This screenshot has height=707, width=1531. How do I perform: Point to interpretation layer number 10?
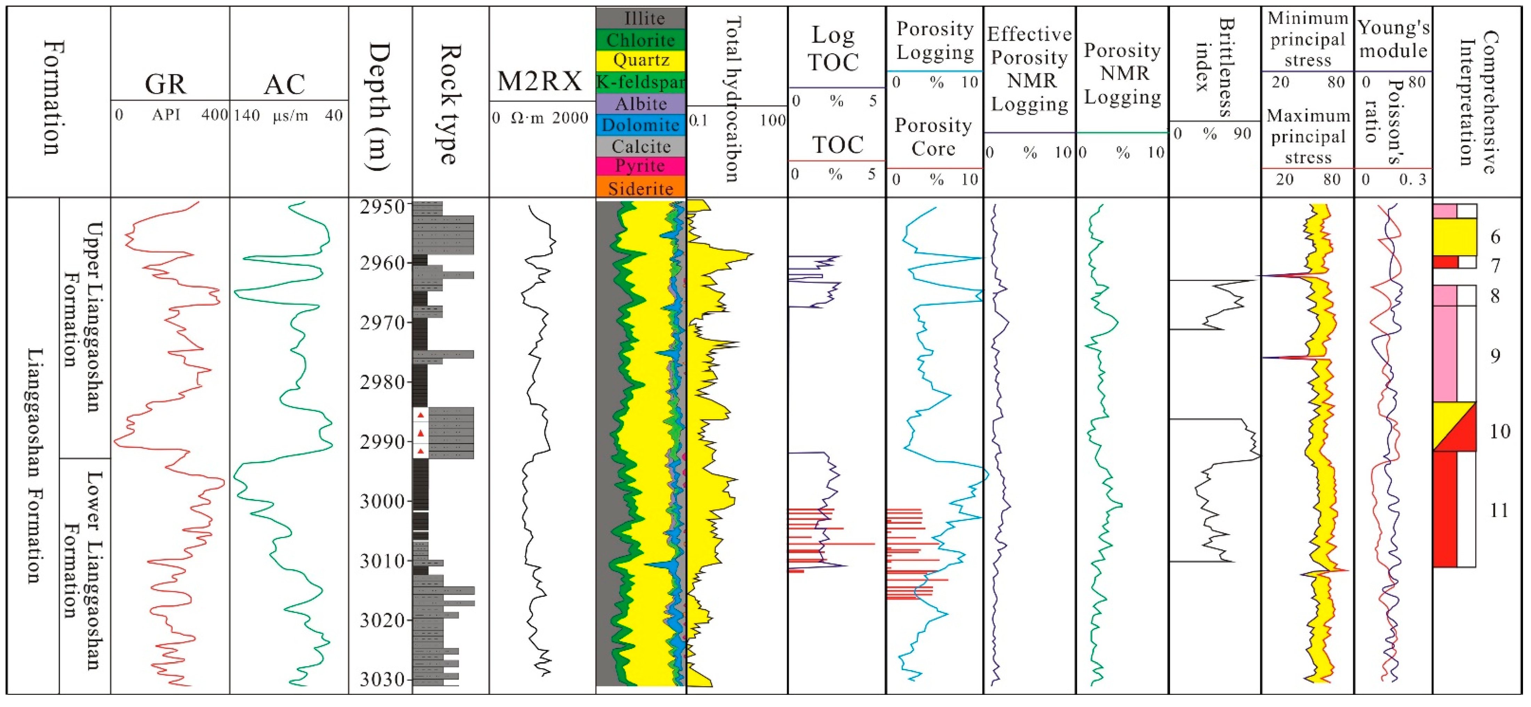point(1499,431)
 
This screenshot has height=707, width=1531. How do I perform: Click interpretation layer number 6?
point(1495,236)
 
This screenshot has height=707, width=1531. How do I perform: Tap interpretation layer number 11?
point(1499,511)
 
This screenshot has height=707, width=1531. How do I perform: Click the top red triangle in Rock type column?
point(421,415)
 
